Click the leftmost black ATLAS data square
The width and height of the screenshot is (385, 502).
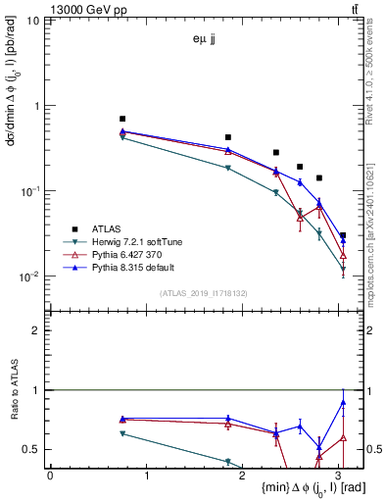[x=122, y=119]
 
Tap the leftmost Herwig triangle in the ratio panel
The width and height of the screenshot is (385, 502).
[x=122, y=433]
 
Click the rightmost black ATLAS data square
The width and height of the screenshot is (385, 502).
[x=342, y=235]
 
